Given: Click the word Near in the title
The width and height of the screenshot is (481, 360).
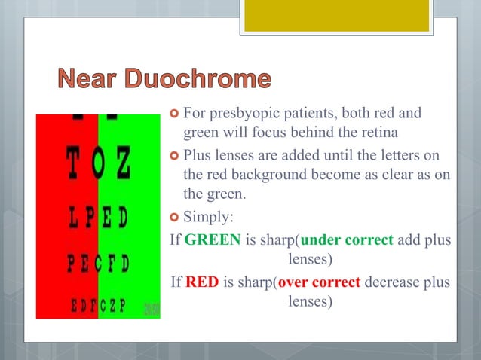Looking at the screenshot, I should [84, 79].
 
